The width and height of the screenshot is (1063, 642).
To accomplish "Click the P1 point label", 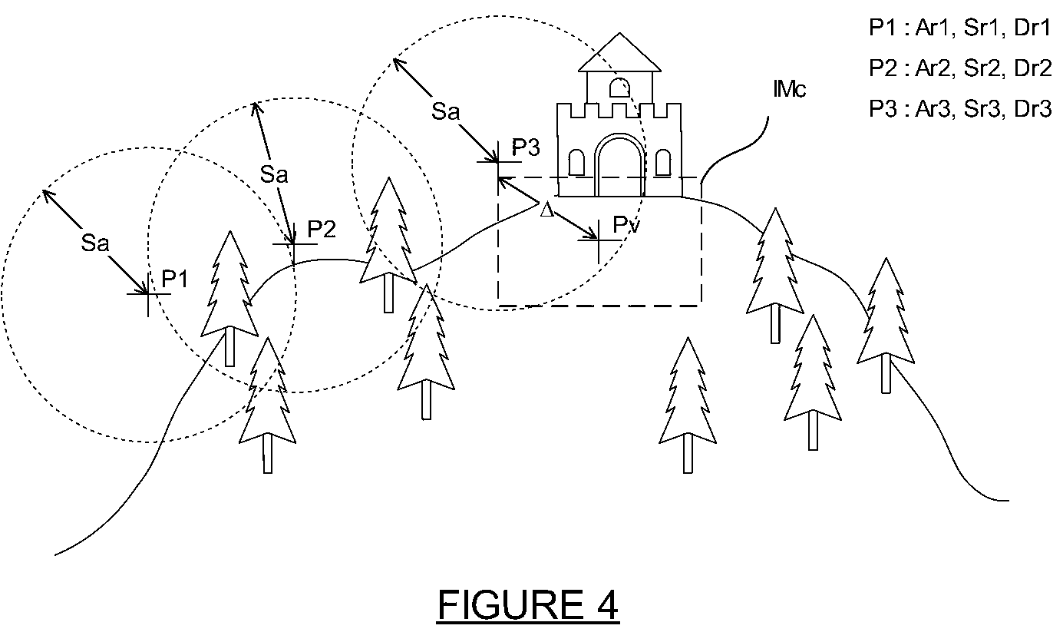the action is [x=175, y=279].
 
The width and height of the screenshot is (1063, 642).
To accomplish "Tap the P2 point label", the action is [x=322, y=230].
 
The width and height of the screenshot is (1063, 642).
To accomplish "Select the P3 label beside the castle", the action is [x=526, y=147].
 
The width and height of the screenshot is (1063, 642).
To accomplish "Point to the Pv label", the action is [x=626, y=224].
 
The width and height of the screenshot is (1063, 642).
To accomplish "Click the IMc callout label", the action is [x=789, y=89].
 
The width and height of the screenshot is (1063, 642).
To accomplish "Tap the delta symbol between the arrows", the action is [x=546, y=209].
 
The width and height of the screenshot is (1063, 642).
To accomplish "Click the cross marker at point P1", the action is [x=149, y=294].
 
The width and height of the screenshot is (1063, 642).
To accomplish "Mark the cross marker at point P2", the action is [x=294, y=244].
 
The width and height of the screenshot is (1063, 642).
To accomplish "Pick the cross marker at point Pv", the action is [x=599, y=241].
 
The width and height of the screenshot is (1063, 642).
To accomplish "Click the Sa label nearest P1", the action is [x=95, y=243].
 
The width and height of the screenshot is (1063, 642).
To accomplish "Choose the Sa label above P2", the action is [x=274, y=174].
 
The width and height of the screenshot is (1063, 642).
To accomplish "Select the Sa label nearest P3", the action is [x=445, y=111].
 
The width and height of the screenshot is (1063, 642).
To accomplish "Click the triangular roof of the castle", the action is [x=619, y=52].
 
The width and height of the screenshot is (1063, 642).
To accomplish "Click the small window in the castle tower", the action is [x=619, y=88].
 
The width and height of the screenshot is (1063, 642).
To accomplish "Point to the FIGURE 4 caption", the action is [x=528, y=604].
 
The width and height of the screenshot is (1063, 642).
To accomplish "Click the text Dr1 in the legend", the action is [x=1032, y=28].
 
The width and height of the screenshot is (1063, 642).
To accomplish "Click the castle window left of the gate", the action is [x=576, y=162].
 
